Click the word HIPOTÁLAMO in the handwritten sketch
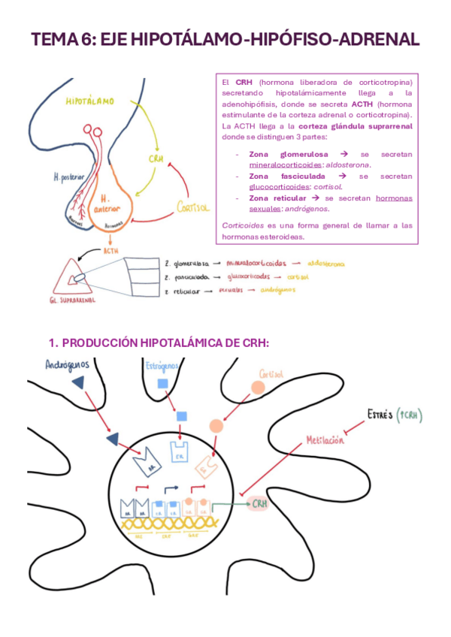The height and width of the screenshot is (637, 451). click(x=90, y=100)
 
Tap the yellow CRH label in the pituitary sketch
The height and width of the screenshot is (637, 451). click(x=156, y=159)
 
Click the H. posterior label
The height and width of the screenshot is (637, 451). click(x=68, y=178)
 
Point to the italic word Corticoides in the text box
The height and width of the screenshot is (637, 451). click(x=243, y=225)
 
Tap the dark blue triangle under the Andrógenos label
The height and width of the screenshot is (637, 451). click(x=78, y=383)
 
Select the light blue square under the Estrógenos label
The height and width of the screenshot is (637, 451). click(x=162, y=384)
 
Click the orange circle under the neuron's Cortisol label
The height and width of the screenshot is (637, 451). click(x=259, y=387)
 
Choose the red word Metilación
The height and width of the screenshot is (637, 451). click(x=325, y=440)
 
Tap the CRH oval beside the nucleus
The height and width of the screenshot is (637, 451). click(x=259, y=503)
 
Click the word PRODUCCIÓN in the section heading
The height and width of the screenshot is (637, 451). click(x=98, y=343)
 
